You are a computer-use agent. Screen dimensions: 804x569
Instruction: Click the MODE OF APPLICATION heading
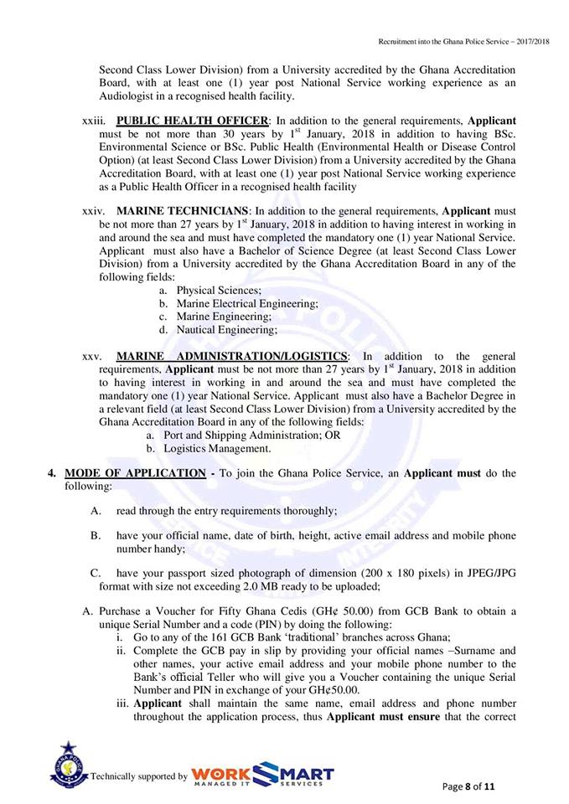coord(135,473)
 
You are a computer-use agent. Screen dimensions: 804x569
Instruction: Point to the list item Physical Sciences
coord(208,290)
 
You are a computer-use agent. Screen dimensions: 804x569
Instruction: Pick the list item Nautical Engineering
coord(225,330)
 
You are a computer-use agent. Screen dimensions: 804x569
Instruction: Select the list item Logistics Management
coord(217,449)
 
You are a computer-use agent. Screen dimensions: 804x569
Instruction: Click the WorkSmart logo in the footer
coord(262,775)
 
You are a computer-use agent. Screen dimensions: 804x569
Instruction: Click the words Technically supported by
coord(138,776)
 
